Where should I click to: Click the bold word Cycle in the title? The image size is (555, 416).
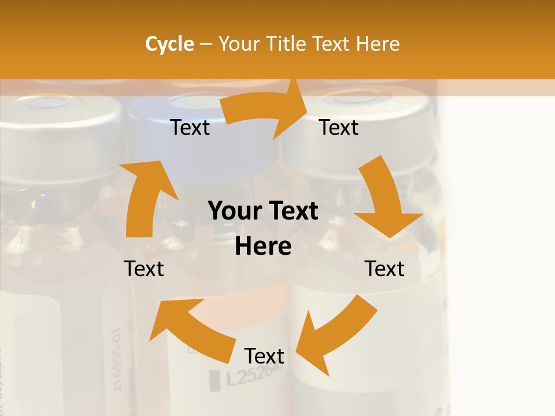coord(169,44)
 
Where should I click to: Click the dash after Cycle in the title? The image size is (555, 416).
coord(206,44)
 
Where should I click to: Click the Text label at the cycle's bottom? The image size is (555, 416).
coord(264,356)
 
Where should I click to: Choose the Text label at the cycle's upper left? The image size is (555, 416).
coord(190,128)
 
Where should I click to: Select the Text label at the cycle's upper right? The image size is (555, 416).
coord(339,128)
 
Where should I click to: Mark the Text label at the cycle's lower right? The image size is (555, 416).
coord(384,269)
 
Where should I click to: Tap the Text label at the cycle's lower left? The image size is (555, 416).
coord(145,269)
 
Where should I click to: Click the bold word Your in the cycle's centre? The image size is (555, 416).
coord(234,211)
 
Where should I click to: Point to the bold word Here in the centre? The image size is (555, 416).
coord(263,247)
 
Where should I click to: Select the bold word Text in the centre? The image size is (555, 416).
coord(293,211)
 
